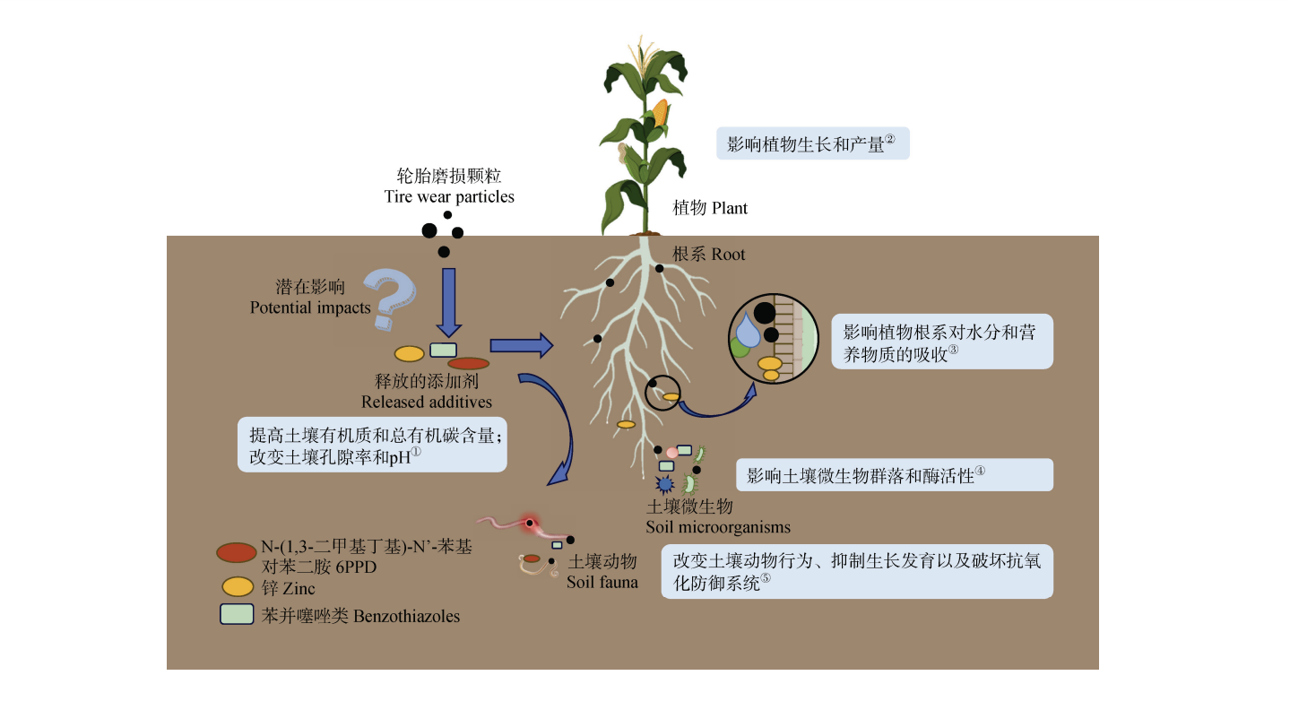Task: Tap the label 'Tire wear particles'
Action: pyautogui.click(x=449, y=196)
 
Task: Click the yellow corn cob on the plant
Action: pyautogui.click(x=660, y=114)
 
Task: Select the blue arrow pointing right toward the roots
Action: pyautogui.click(x=521, y=342)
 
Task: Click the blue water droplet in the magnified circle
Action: pyautogui.click(x=748, y=334)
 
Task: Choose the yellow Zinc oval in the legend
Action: pyautogui.click(x=238, y=587)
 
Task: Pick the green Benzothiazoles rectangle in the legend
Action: pyautogui.click(x=237, y=614)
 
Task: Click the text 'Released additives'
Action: pyautogui.click(x=427, y=402)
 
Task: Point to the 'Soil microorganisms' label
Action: pyautogui.click(x=717, y=526)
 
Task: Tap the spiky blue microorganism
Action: pyautogui.click(x=665, y=485)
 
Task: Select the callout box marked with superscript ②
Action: pyautogui.click(x=812, y=143)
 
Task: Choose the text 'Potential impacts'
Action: pyautogui.click(x=309, y=307)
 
